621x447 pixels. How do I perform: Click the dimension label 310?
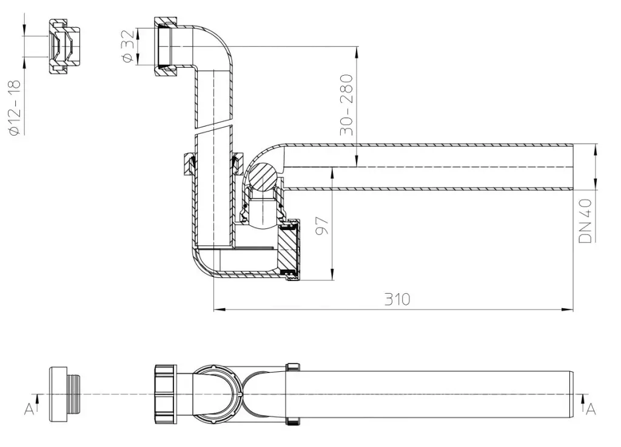(397, 299)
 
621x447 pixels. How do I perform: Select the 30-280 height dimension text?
(346, 105)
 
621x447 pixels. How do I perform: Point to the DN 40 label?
(585, 220)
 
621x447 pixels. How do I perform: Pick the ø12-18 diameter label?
(15, 108)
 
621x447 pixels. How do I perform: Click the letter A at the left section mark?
(29, 409)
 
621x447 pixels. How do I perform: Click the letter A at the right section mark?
(591, 409)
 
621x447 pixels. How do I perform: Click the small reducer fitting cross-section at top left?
(64, 46)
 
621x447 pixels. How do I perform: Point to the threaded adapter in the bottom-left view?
(65, 394)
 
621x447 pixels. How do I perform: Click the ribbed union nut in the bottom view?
(166, 395)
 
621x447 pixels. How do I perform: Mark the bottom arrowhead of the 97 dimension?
(332, 274)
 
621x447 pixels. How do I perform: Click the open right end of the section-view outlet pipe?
(572, 167)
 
